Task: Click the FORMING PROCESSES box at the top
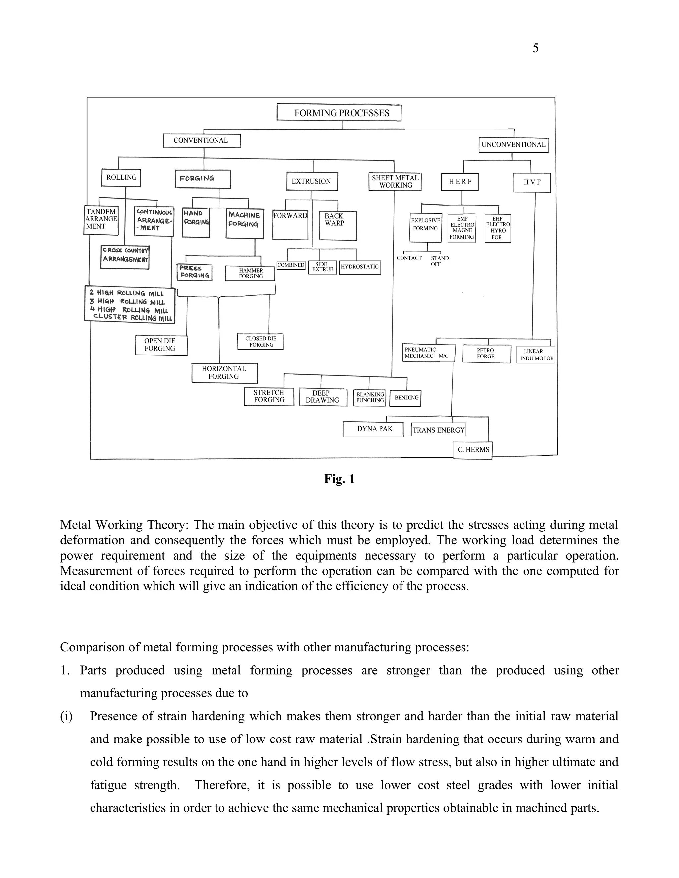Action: coord(339,113)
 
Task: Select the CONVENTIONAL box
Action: coord(202,141)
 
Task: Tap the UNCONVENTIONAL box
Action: coord(513,145)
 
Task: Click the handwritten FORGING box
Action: coord(203,179)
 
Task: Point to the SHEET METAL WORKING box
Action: coord(395,181)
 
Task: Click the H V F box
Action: coord(531,183)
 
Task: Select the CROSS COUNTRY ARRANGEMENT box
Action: coord(125,256)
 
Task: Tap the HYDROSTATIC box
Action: coord(360,267)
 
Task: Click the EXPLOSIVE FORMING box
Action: coord(425,227)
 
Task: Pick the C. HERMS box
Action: coord(473,450)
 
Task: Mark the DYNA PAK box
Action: coord(373,429)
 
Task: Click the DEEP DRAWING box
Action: coord(323,397)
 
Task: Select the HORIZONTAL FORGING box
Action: coord(224,373)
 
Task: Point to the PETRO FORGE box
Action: coord(486,354)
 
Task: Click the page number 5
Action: coord(535,48)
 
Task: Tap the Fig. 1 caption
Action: coord(339,479)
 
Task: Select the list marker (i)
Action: coord(66,716)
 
